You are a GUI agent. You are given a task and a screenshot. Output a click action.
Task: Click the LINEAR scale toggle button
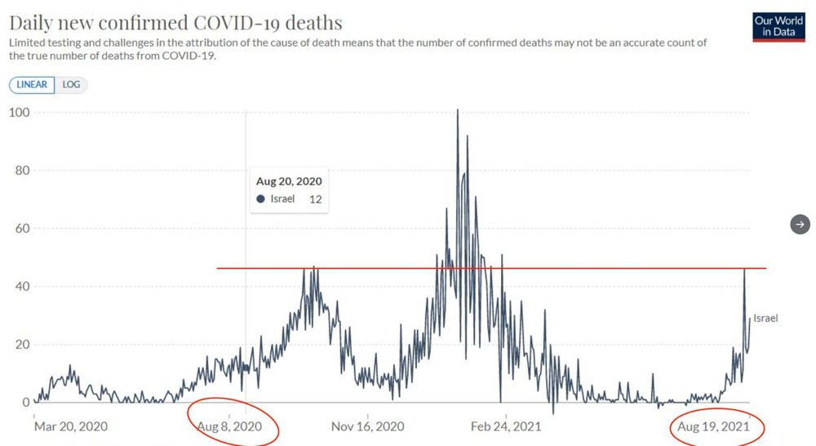(x=32, y=84)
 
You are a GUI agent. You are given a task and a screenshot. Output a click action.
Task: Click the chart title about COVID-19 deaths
(x=175, y=21)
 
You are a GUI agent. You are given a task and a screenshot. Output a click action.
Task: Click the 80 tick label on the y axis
(x=21, y=171)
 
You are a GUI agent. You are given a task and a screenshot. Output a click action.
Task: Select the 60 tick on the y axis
(x=21, y=229)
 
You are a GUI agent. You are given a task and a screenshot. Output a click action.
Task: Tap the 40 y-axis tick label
(x=21, y=287)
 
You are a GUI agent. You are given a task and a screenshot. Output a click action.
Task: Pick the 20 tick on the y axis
(x=21, y=345)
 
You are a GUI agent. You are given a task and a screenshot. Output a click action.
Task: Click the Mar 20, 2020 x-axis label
(x=70, y=426)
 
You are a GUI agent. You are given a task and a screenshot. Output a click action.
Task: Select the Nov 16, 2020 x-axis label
(x=368, y=426)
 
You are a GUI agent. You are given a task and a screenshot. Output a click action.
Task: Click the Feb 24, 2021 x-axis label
(x=506, y=426)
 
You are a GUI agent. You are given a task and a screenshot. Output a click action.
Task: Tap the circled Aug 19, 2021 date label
(x=714, y=426)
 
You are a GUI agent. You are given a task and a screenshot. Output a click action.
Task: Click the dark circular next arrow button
(x=800, y=225)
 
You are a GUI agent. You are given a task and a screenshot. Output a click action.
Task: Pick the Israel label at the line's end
(x=765, y=318)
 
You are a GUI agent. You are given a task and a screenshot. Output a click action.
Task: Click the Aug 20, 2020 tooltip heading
(x=289, y=181)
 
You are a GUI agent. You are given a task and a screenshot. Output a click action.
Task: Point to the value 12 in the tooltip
(x=316, y=199)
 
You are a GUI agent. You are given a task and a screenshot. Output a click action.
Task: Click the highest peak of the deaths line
(x=458, y=110)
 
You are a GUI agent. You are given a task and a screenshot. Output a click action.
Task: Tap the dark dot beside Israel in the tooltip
(x=260, y=199)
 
